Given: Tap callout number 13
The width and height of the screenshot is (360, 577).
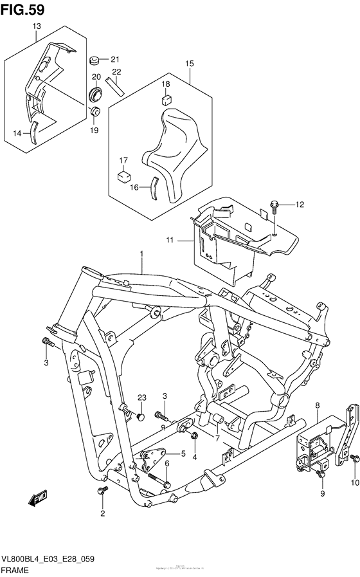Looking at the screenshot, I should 36,26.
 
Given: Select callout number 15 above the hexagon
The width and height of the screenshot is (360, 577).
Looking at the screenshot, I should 189,64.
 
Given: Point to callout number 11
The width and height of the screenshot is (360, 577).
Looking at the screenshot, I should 170,240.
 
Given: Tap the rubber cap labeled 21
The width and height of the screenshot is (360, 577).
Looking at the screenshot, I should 94,61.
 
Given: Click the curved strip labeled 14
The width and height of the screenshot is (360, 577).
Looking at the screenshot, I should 36,131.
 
